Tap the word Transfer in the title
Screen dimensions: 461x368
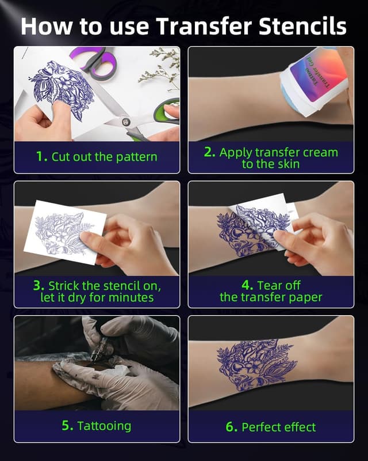pyautogui.click(x=202, y=26)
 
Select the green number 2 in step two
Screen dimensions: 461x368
pyautogui.click(x=209, y=152)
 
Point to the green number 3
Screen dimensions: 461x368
pyautogui.click(x=39, y=285)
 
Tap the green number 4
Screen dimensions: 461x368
pyautogui.click(x=248, y=285)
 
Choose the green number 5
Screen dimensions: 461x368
pyautogui.click(x=67, y=426)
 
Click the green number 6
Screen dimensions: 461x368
pyautogui.click(x=230, y=426)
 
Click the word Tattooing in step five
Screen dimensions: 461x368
pyautogui.click(x=104, y=426)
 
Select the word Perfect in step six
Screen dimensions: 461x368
pyautogui.click(x=262, y=427)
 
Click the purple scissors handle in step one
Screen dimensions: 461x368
pyautogui.click(x=92, y=61)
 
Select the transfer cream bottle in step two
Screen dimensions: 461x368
pyautogui.click(x=316, y=81)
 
